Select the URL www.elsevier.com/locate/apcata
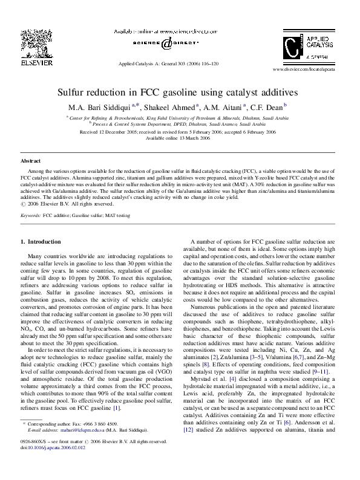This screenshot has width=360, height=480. pyautogui.click(x=312, y=70)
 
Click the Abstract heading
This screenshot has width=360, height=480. pyautogui.click(x=31, y=161)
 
